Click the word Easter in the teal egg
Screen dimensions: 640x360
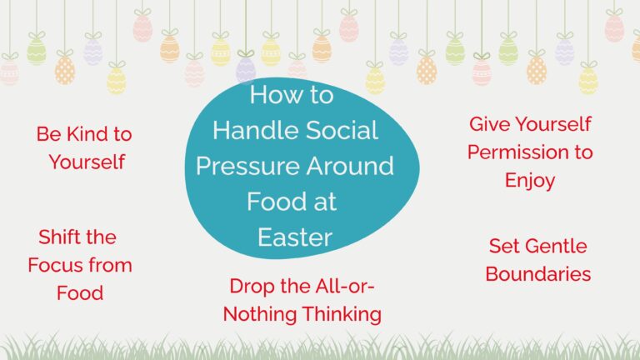(295, 237)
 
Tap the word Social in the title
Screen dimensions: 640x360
(342, 130)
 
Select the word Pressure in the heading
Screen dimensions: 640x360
(248, 166)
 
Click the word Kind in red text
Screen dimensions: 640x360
(87, 134)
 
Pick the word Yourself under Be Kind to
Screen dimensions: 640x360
(87, 162)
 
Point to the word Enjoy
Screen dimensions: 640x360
(530, 180)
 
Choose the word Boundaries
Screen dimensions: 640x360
(538, 274)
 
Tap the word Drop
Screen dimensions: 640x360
(252, 286)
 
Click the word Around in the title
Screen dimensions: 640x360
(350, 166)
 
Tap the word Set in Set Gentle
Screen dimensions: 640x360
(504, 246)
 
